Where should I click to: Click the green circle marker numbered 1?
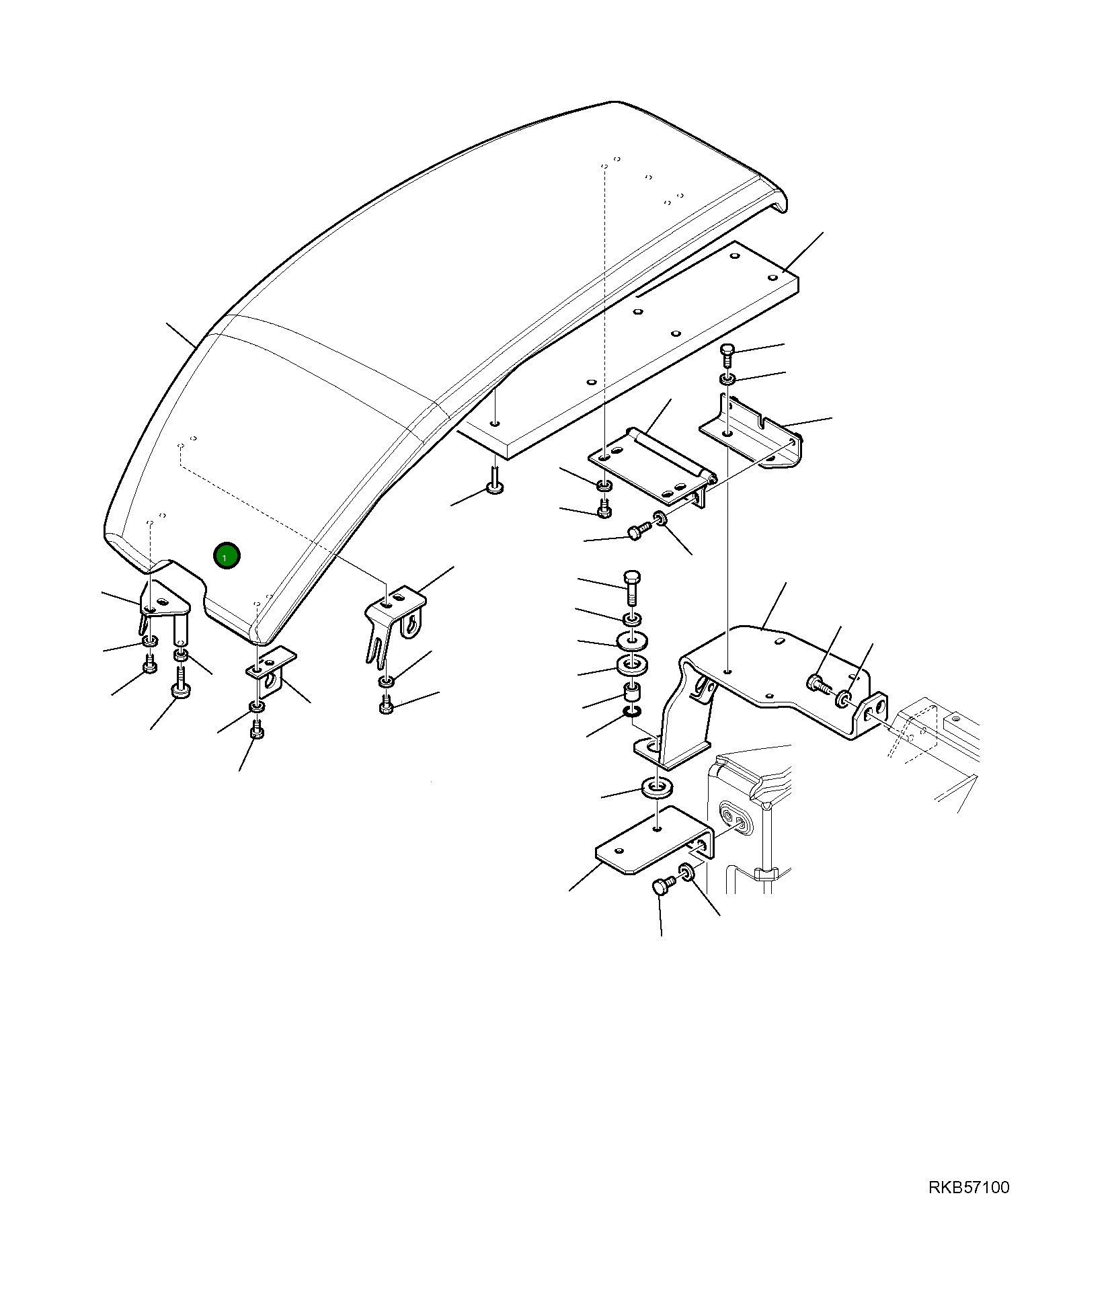pyautogui.click(x=227, y=556)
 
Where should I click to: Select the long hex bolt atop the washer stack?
pyautogui.click(x=632, y=587)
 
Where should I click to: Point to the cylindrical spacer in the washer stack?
pyautogui.click(x=632, y=692)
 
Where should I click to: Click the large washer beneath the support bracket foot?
pyautogui.click(x=658, y=786)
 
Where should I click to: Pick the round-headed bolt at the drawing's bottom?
pyautogui.click(x=661, y=888)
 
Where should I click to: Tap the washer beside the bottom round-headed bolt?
pyautogui.click(x=687, y=874)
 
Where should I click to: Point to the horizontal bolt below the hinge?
pyautogui.click(x=637, y=532)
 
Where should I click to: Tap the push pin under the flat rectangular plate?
pyautogui.click(x=495, y=481)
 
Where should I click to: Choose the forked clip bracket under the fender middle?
pyautogui.click(x=393, y=615)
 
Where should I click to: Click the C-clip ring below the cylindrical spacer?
pyautogui.click(x=632, y=711)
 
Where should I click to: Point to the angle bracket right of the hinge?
pyautogui.click(x=753, y=434)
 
